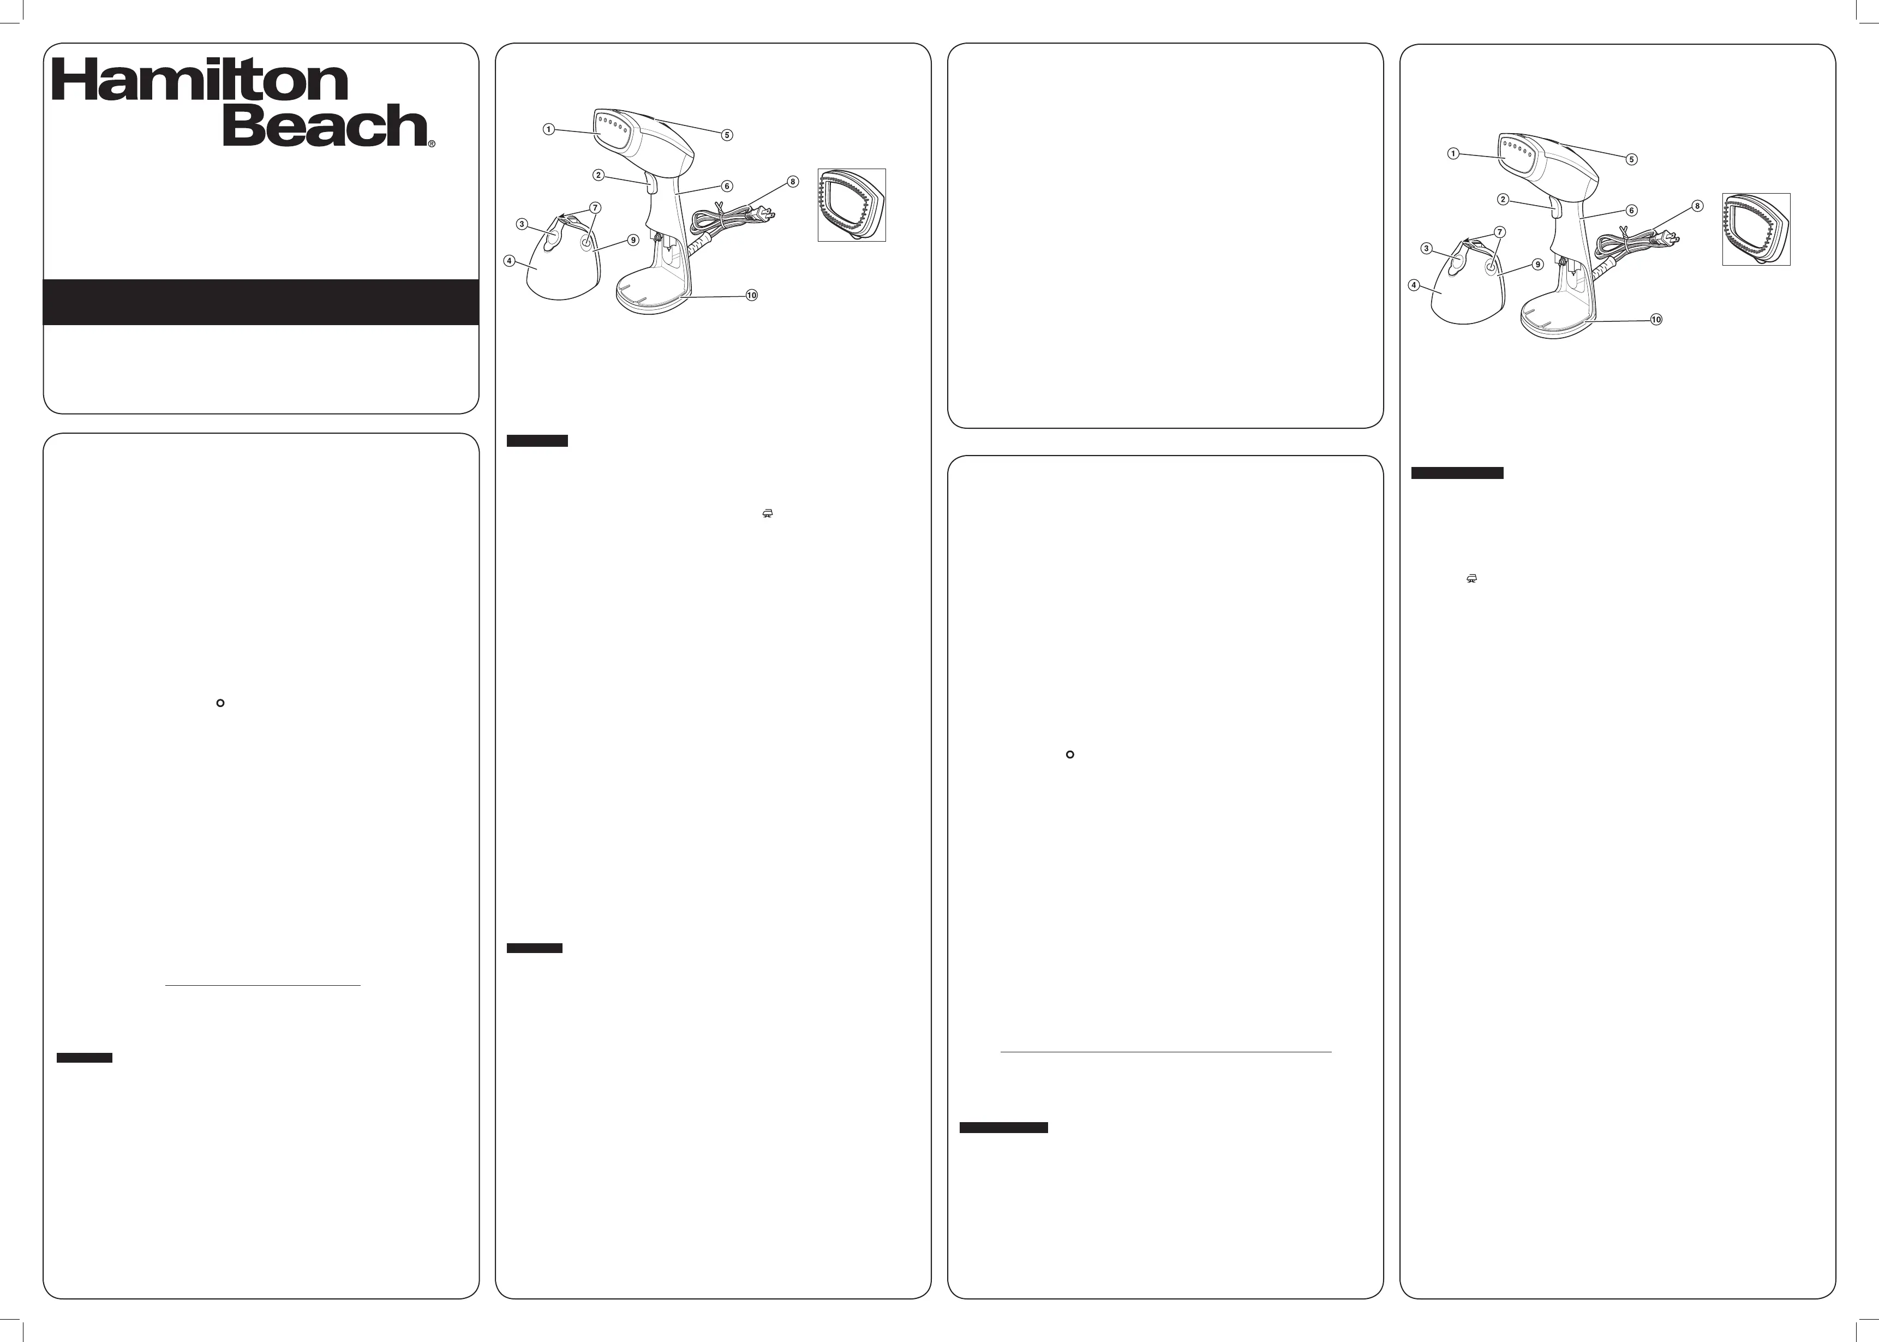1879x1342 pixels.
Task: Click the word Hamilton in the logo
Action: click(200, 80)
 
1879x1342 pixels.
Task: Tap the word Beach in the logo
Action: click(325, 125)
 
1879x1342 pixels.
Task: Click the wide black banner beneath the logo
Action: click(261, 302)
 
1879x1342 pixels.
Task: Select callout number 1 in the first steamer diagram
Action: click(549, 129)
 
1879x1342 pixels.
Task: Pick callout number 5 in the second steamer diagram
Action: click(1631, 159)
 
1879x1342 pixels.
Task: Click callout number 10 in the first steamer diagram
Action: click(751, 295)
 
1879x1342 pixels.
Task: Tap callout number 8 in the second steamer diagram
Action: click(1697, 206)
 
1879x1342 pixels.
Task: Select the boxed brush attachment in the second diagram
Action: click(1756, 229)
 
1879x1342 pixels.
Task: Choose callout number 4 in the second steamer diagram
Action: click(1414, 285)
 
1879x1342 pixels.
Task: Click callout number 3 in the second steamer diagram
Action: click(1426, 248)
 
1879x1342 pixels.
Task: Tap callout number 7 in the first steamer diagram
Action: click(595, 207)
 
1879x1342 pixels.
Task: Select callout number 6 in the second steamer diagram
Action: click(1631, 211)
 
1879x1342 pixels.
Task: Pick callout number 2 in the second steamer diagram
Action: click(1503, 199)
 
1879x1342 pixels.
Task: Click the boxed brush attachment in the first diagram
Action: click(852, 205)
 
